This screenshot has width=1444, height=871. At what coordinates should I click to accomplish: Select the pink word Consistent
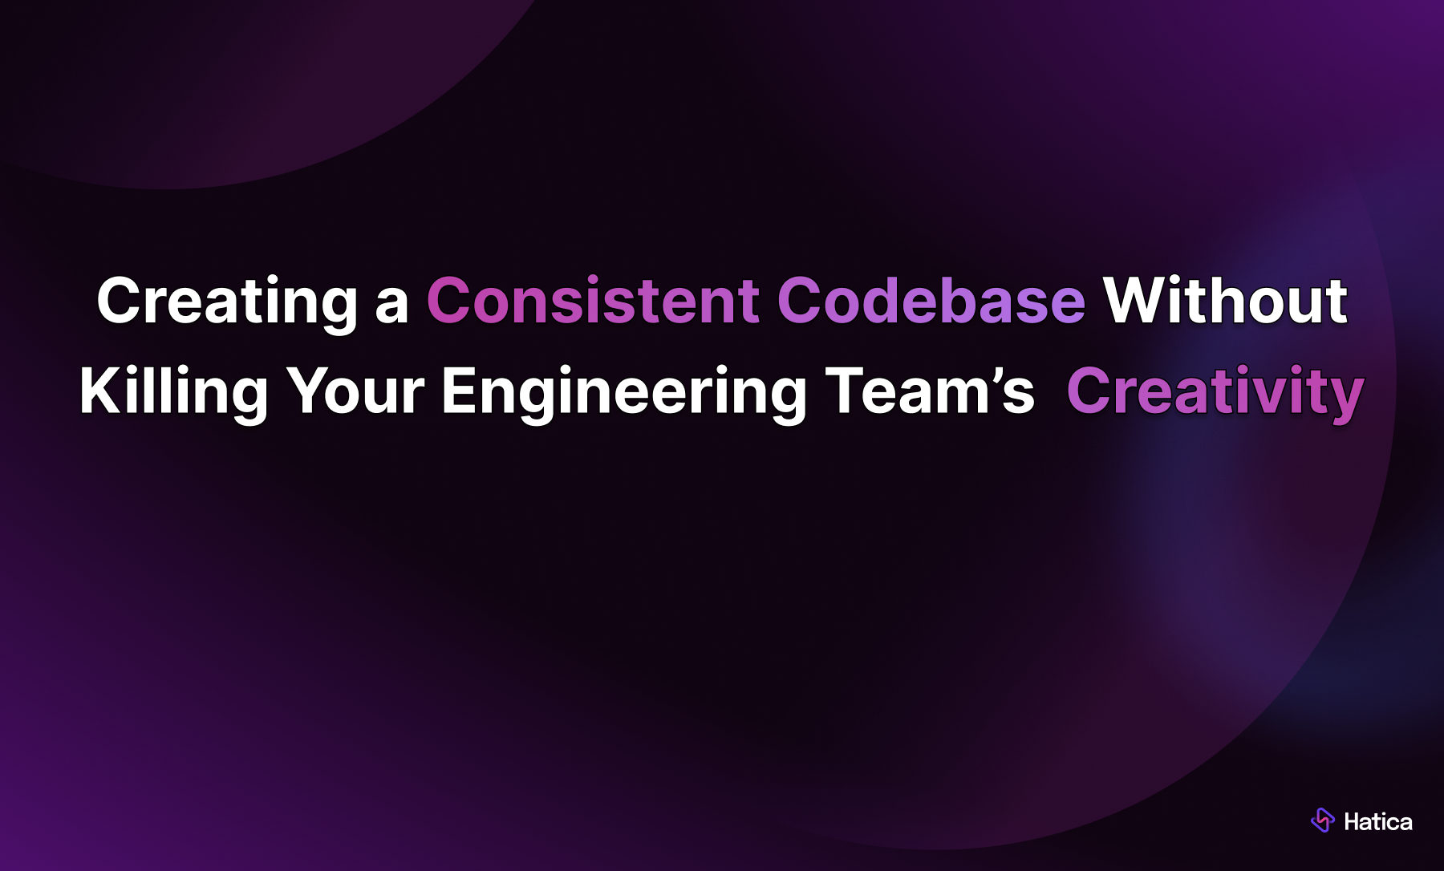pyautogui.click(x=593, y=302)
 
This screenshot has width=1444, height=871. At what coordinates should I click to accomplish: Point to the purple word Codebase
pyautogui.click(x=931, y=302)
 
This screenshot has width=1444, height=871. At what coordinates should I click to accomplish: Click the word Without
pyautogui.click(x=1225, y=302)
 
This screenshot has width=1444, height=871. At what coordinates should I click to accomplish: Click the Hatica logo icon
pyautogui.click(x=1322, y=820)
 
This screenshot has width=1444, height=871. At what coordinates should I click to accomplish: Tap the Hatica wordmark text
pyautogui.click(x=1377, y=822)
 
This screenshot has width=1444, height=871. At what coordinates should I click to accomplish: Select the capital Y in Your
pyautogui.click(x=310, y=391)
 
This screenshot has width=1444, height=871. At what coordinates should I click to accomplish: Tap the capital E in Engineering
pyautogui.click(x=459, y=391)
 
